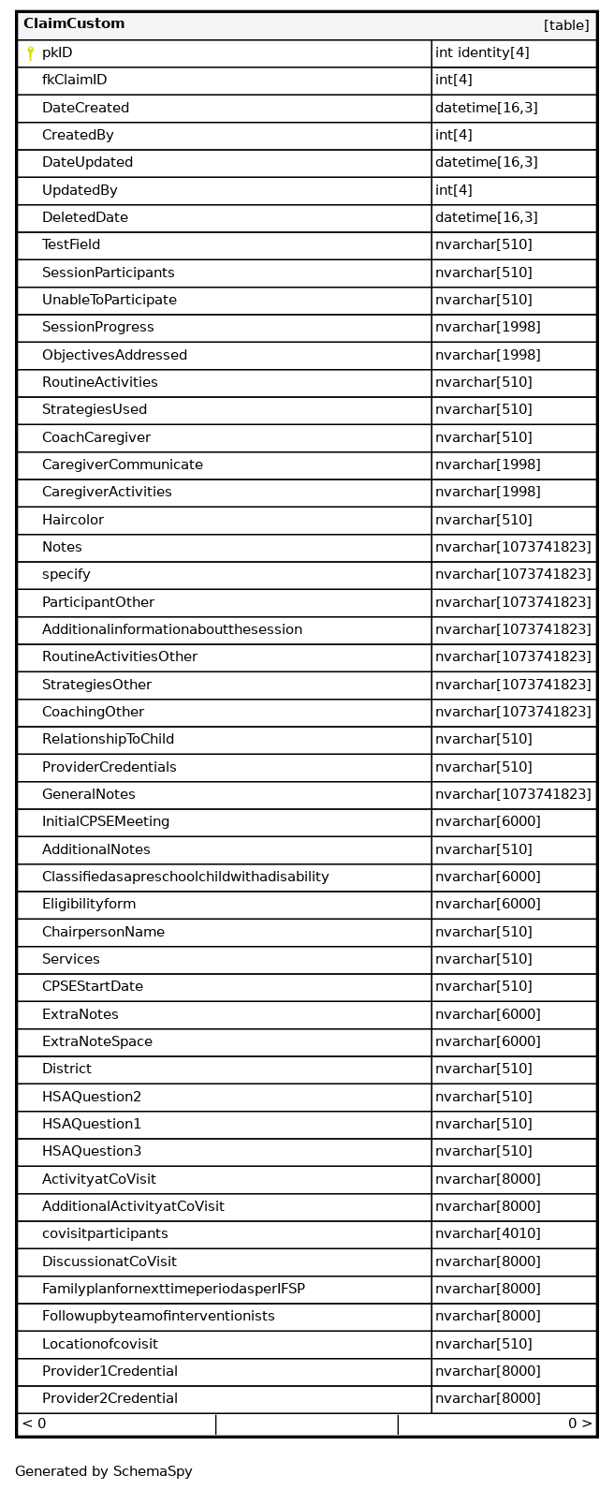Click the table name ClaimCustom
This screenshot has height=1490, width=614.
74,24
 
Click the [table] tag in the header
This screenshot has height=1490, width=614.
566,25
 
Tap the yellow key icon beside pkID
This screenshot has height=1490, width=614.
30,53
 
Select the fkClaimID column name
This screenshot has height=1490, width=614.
74,81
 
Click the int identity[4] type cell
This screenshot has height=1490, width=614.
481,53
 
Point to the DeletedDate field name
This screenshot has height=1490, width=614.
85,218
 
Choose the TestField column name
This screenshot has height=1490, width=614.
71,245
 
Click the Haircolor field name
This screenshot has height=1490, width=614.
73,520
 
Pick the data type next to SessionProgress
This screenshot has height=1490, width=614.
487,328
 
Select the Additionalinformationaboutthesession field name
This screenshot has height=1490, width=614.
172,629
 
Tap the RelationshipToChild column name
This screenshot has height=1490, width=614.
108,740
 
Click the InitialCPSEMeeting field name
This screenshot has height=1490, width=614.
106,822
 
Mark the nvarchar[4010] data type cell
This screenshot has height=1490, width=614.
487,1234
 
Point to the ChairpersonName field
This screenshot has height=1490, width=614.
103,932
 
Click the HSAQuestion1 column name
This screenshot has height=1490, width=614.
92,1124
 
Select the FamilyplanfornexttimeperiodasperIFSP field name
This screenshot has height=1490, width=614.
173,1290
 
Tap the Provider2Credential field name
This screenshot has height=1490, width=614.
110,1399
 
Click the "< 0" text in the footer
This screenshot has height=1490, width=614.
34,1424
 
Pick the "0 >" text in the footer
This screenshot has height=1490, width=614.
579,1424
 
